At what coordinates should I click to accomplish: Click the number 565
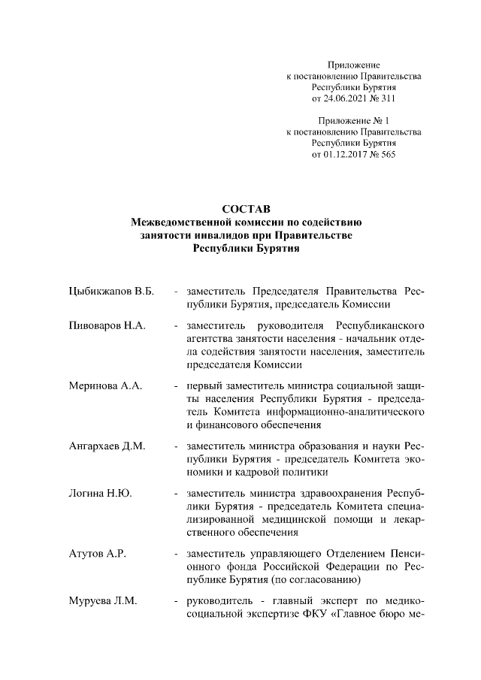tap(386, 155)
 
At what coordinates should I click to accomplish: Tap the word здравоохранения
tap(342, 494)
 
